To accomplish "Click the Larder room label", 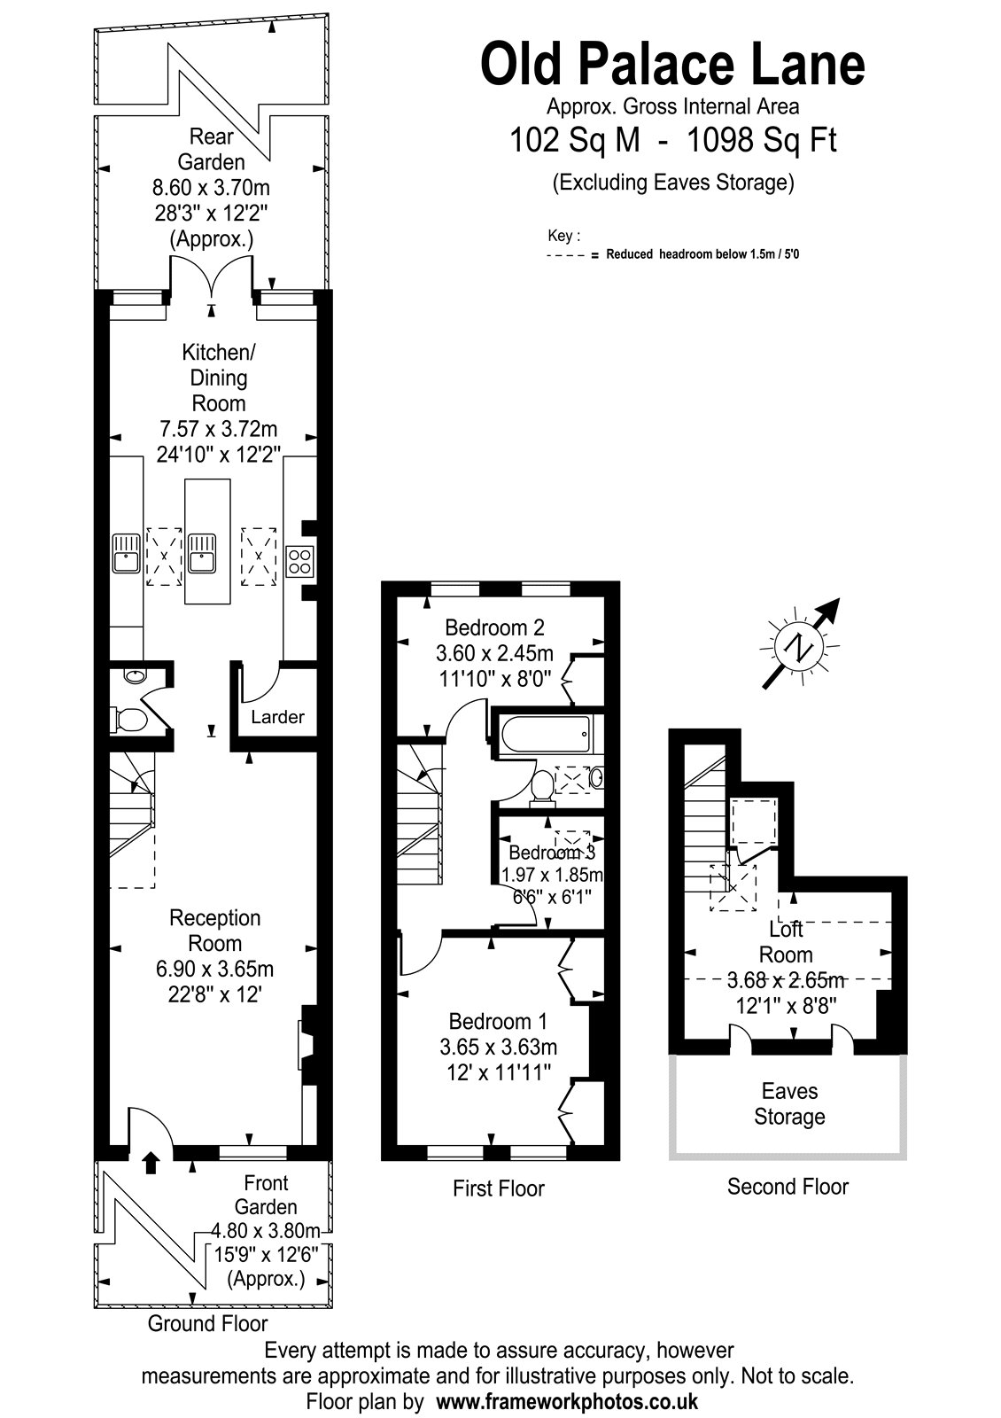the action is click(x=277, y=717).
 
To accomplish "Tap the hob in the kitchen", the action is click(x=300, y=562).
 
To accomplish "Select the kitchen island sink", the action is click(x=203, y=554).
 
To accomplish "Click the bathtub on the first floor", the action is click(x=546, y=736).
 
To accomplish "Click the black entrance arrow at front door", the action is click(x=150, y=1162).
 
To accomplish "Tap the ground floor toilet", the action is click(x=129, y=720).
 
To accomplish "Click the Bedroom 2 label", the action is click(x=494, y=627).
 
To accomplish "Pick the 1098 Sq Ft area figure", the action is click(x=761, y=140).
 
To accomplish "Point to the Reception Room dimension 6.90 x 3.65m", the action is click(x=214, y=969).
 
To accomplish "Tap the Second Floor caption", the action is click(x=788, y=1187).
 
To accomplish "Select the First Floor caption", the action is click(x=499, y=1188).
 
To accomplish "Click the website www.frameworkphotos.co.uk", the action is click(x=568, y=1401).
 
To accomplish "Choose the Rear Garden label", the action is click(x=212, y=149).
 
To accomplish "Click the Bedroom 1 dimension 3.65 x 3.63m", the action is click(x=499, y=1047).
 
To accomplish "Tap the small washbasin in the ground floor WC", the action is click(x=134, y=675).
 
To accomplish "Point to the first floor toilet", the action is click(x=541, y=788).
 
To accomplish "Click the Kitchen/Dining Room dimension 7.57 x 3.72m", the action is click(x=218, y=429).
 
